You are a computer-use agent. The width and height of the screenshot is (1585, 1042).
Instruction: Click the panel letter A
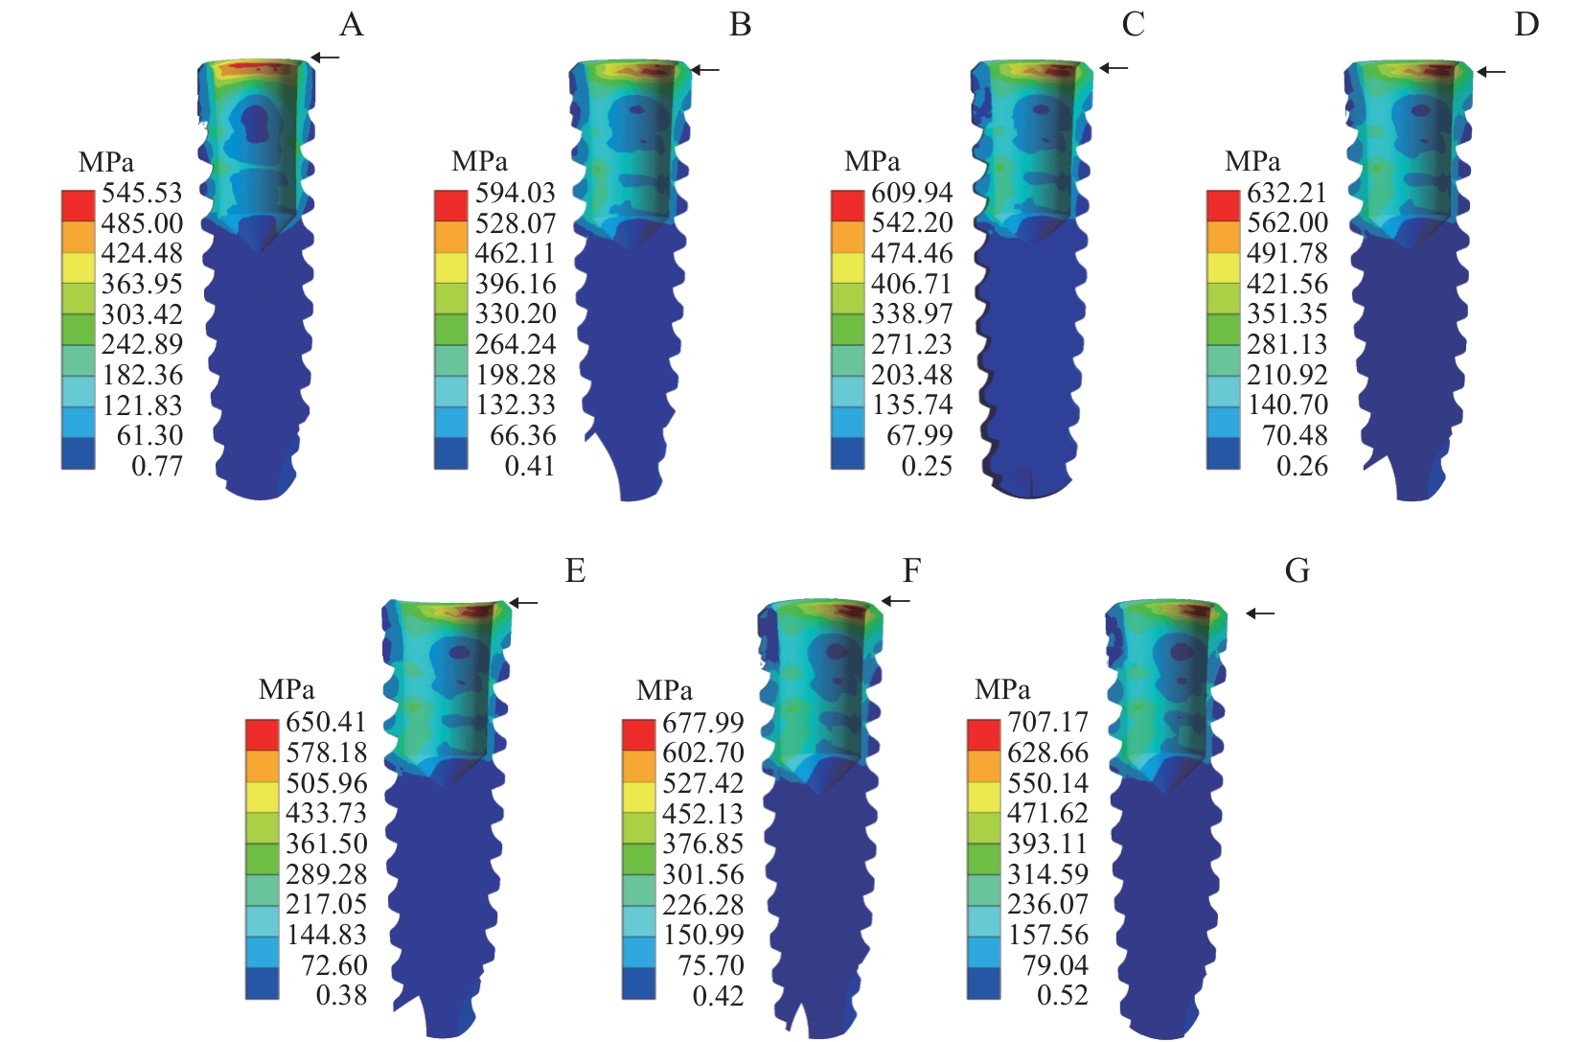pyautogui.click(x=352, y=24)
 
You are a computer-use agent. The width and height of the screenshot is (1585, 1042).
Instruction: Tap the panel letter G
pyautogui.click(x=1297, y=571)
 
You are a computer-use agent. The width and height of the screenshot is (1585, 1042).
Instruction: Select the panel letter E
pyautogui.click(x=575, y=571)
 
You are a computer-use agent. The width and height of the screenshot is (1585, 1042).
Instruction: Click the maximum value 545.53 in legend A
pyautogui.click(x=142, y=193)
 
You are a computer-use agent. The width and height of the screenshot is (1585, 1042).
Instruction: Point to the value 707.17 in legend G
pyautogui.click(x=1047, y=722)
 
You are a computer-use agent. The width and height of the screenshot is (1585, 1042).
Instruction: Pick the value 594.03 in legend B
pyautogui.click(x=516, y=193)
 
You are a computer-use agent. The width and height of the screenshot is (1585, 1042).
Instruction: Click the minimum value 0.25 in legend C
pyautogui.click(x=927, y=466)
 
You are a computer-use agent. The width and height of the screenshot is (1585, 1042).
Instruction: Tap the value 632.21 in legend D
pyautogui.click(x=1287, y=193)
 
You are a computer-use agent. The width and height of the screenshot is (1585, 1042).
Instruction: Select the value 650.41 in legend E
pyautogui.click(x=326, y=722)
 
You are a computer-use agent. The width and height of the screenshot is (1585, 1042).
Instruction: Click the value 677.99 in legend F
pyautogui.click(x=703, y=722)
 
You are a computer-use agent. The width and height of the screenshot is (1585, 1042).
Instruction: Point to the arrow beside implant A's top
pyautogui.click(x=326, y=58)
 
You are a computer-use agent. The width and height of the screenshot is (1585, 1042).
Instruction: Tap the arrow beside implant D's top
pyautogui.click(x=1491, y=71)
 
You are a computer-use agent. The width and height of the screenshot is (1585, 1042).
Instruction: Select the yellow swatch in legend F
pyautogui.click(x=639, y=798)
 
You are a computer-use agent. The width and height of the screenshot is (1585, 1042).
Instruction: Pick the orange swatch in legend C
pyautogui.click(x=847, y=237)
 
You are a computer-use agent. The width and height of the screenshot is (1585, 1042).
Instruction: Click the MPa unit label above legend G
pyautogui.click(x=1002, y=689)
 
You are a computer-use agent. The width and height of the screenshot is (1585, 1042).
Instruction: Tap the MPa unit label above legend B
pyautogui.click(x=479, y=160)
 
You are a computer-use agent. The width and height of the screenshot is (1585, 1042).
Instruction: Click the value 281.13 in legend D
pyautogui.click(x=1287, y=344)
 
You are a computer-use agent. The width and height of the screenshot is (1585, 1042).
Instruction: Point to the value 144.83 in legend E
pyautogui.click(x=326, y=935)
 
